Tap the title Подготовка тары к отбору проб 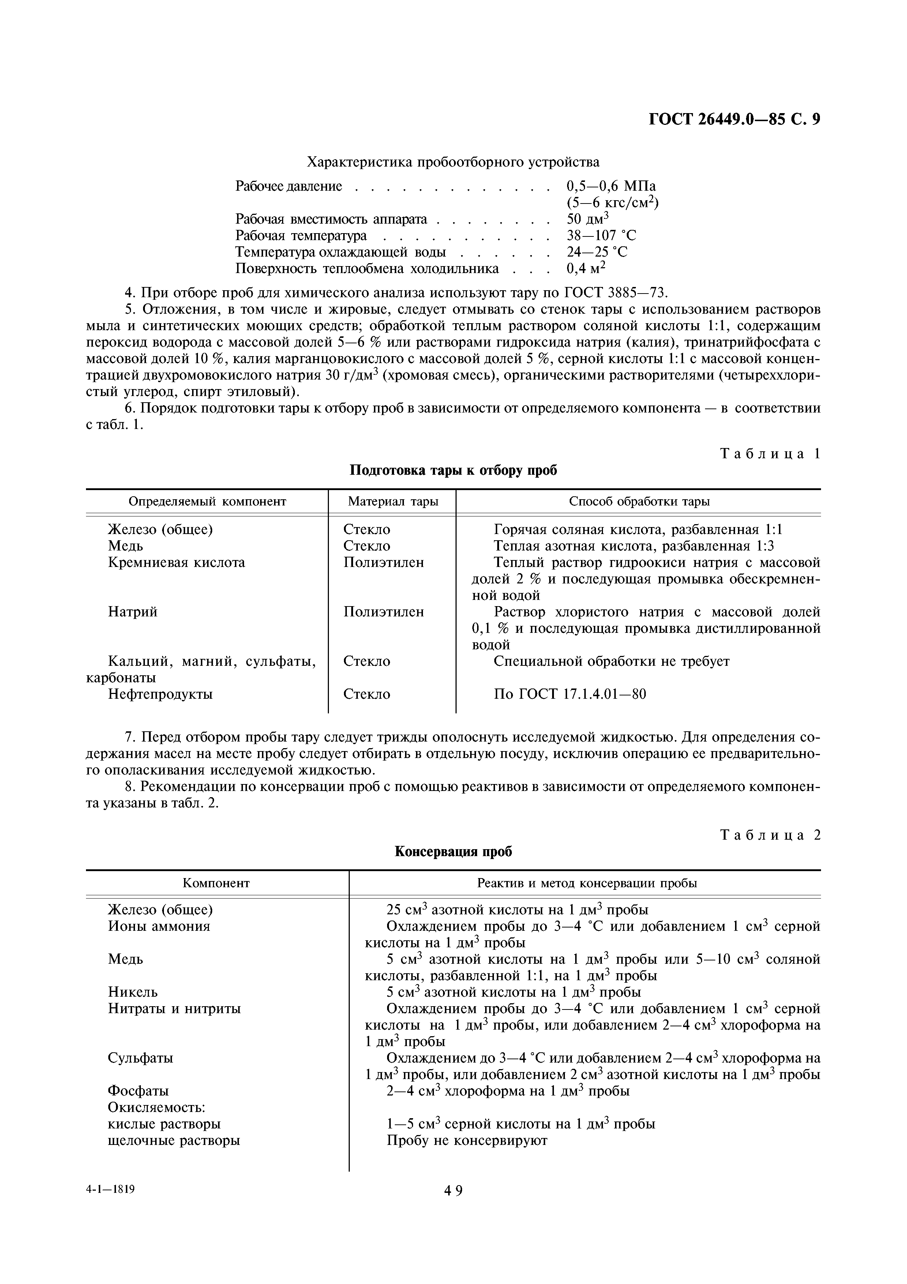click(x=453, y=470)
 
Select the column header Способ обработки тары click(x=639, y=502)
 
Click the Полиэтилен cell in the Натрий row click(x=383, y=612)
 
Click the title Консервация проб click(x=453, y=852)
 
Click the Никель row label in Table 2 click(x=132, y=992)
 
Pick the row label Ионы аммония click(x=159, y=926)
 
